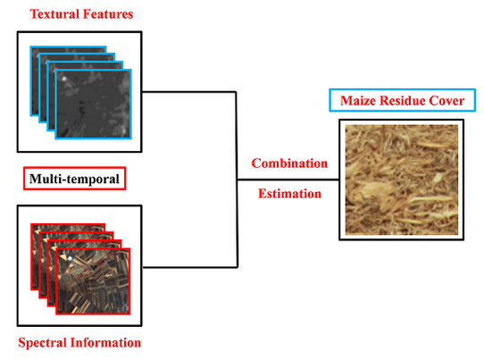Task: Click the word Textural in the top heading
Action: coord(54,14)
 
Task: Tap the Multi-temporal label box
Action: coord(74,179)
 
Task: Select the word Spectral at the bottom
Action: coord(42,343)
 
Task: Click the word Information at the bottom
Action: coord(106,343)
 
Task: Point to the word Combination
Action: coord(289,163)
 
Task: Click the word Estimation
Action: coord(289,194)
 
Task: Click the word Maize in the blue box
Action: coord(358,101)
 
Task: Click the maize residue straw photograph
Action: coord(402,180)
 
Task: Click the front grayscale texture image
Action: coord(94,104)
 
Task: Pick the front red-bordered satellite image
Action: coord(93,281)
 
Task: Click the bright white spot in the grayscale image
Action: coord(64,79)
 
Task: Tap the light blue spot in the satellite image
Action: coord(71,259)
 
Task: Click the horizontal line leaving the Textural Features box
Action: coord(189,92)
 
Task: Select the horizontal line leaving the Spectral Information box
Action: coord(190,267)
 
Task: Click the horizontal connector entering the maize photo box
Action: coord(288,180)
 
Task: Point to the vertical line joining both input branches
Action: coord(237,180)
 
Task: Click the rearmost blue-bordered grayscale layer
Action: coord(68,81)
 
